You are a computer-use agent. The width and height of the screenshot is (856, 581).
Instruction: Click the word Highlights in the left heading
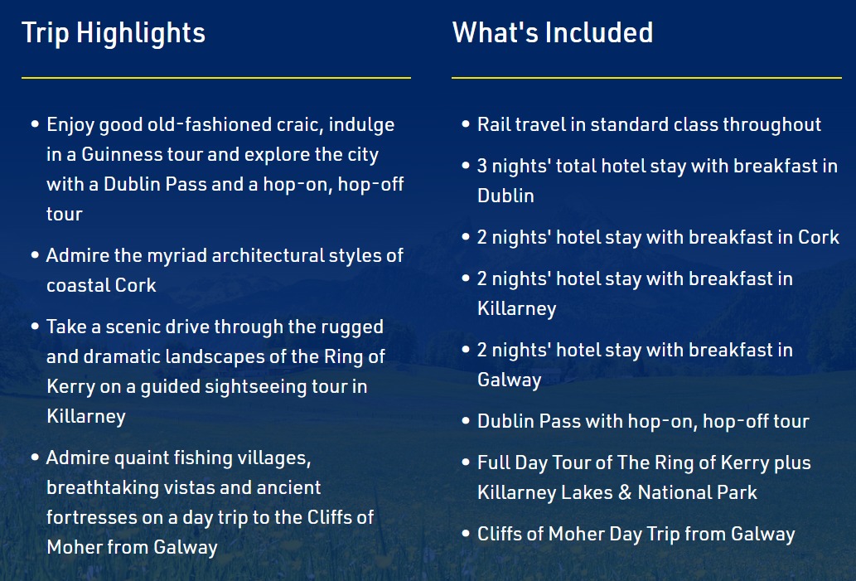[141, 34]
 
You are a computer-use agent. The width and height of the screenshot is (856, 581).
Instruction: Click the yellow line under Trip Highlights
[216, 78]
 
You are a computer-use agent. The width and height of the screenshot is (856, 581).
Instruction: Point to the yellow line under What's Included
[647, 78]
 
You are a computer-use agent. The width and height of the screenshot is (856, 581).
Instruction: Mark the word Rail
[494, 124]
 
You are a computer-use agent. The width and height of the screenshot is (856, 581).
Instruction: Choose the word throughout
[772, 125]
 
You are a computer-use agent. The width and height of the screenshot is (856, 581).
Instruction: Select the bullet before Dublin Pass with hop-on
[466, 420]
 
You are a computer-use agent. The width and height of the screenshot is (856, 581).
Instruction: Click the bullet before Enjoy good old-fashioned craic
[35, 124]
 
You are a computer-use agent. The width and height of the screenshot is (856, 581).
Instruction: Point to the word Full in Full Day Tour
[493, 462]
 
